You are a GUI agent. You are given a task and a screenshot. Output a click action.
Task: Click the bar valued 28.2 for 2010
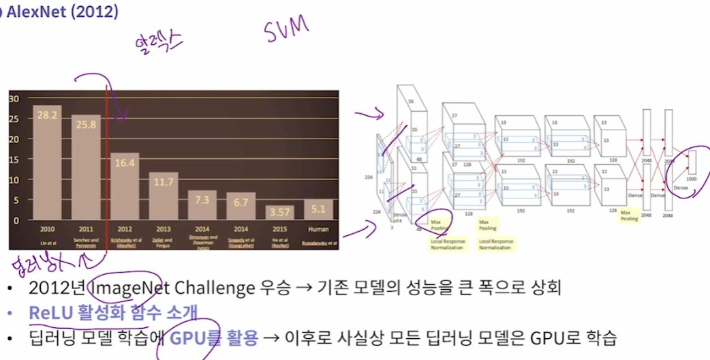pos(47,164)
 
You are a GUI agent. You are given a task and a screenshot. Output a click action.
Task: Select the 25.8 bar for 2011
pos(85,168)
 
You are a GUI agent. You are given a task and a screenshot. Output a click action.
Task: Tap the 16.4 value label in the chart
pos(125,164)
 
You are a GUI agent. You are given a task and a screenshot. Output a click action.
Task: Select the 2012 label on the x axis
pos(125,228)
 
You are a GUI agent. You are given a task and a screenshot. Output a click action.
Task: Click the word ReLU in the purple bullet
pos(48,312)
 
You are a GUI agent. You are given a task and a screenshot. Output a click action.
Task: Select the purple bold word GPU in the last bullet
pos(185,337)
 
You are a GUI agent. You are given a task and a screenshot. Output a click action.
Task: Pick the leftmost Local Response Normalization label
pos(447,244)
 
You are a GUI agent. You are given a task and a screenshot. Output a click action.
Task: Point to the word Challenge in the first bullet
pos(203,287)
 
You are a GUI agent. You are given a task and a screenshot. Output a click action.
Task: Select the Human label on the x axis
pos(318,228)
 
